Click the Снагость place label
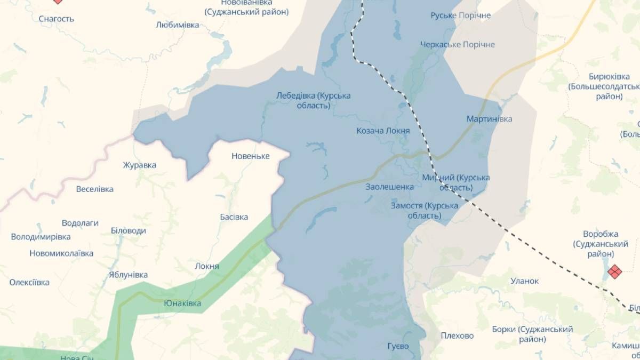click(x=57, y=19)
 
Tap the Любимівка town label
click(x=178, y=25)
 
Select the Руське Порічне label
click(x=460, y=15)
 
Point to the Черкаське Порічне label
click(x=457, y=44)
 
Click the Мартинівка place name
click(x=489, y=119)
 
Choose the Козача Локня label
click(x=383, y=131)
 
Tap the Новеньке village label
click(x=251, y=156)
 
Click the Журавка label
click(x=139, y=165)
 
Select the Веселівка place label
click(x=95, y=189)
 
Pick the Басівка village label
click(x=234, y=217)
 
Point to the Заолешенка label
click(x=390, y=187)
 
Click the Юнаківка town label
click(x=182, y=303)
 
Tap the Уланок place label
click(x=525, y=281)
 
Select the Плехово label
click(x=457, y=335)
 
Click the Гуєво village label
click(x=398, y=346)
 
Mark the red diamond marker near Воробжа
click(x=615, y=272)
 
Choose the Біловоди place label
click(x=128, y=231)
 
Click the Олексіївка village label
click(x=29, y=282)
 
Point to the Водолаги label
click(x=80, y=223)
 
